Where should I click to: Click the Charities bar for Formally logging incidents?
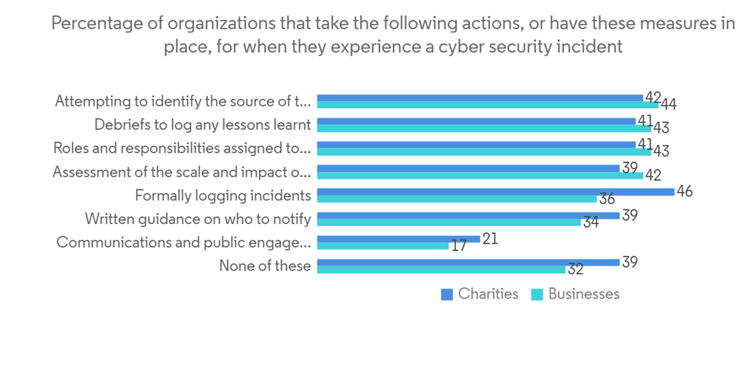pos(495,192)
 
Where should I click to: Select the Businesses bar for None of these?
pos(441,269)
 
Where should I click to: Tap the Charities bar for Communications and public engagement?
pos(399,238)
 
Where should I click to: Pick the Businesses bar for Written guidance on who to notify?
pos(449,222)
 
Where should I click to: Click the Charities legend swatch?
pos(447,295)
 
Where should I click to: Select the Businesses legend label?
pos(584,294)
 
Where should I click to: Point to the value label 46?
pos(685,192)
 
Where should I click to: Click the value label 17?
pos(458,246)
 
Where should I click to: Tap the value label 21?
pos(490,237)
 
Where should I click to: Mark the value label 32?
pos(575,270)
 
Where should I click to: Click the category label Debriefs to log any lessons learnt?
pos(202,125)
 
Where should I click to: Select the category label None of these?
pos(265,265)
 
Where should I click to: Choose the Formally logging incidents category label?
pos(223,195)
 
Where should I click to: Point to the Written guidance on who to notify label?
pos(198,219)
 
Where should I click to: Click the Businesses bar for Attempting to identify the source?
pos(488,106)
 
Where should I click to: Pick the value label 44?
pos(668,106)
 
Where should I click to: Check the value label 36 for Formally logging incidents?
pos(606,200)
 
